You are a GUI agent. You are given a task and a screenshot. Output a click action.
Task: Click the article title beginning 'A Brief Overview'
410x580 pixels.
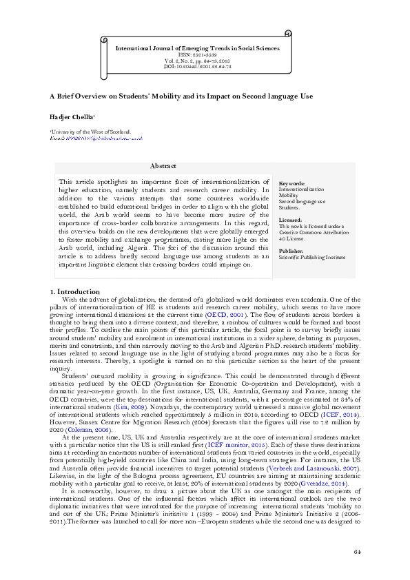pyautogui.click(x=181, y=99)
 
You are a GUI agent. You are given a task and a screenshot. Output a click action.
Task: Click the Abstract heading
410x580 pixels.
pyautogui.click(x=163, y=166)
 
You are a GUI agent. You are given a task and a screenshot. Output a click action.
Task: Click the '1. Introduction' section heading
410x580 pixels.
pyautogui.click(x=79, y=292)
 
